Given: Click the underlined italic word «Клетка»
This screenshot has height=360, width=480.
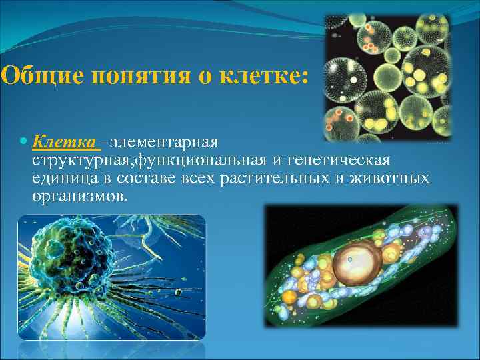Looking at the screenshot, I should click(x=65, y=142).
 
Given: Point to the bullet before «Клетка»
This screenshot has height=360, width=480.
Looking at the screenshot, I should click(x=24, y=143).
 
